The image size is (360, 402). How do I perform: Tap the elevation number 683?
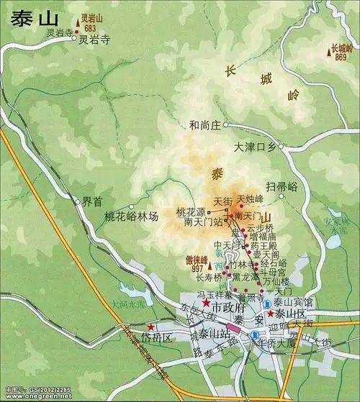tap(90, 29)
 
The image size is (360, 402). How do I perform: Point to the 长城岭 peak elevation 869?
tap(341, 57)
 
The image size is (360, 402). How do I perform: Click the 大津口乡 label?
tap(255, 147)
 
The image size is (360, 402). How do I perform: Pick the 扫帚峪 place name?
tap(282, 186)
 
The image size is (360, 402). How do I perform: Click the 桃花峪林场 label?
tap(131, 216)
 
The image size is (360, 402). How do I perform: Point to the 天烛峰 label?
tap(251, 198)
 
